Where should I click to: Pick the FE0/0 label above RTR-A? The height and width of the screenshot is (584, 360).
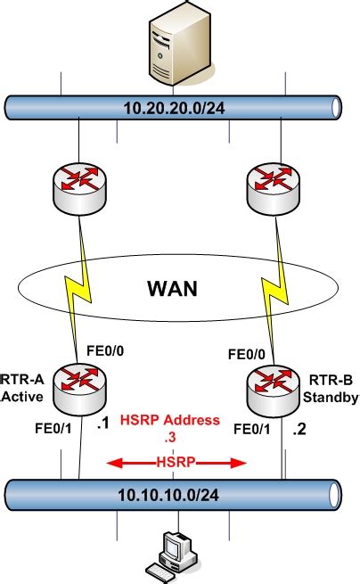pyautogui.click(x=106, y=350)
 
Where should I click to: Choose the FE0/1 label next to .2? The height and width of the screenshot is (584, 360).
pyautogui.click(x=252, y=429)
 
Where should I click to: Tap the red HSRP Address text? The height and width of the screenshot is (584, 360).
pyautogui.click(x=176, y=421)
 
